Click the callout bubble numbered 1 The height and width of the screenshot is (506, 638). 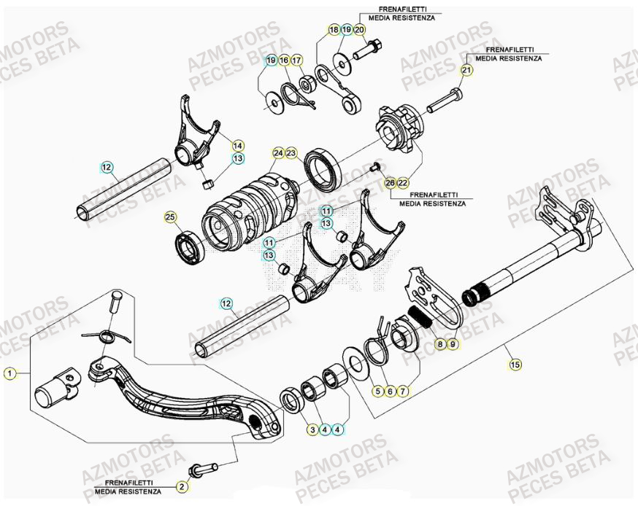click(x=9, y=374)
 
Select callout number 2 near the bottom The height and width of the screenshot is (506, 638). click(x=182, y=486)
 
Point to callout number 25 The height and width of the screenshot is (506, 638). click(x=170, y=217)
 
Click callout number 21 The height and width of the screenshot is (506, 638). click(x=466, y=70)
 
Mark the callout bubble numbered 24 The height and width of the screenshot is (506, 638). click(x=278, y=153)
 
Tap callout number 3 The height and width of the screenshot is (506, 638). click(x=312, y=429)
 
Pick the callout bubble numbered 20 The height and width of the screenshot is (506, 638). click(x=360, y=30)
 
